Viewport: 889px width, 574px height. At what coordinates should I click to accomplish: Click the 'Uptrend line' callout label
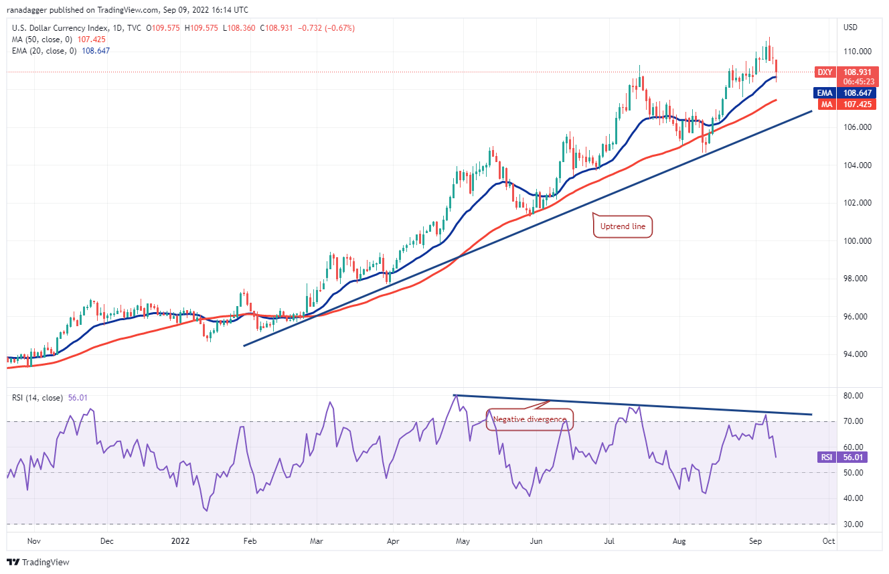(623, 226)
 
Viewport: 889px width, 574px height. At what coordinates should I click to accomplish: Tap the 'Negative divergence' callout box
(530, 419)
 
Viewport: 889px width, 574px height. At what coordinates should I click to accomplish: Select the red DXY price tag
(825, 71)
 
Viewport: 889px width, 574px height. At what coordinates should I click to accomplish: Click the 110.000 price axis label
(856, 52)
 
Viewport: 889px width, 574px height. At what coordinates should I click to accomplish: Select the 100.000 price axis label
(856, 241)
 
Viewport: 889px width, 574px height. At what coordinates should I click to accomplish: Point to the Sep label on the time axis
(755, 540)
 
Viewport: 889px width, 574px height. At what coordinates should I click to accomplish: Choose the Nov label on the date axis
(34, 540)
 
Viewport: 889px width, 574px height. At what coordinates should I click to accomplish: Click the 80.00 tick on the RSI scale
(852, 396)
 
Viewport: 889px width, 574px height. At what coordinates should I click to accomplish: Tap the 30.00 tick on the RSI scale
(852, 524)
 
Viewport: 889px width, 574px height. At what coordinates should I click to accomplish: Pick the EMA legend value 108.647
(96, 50)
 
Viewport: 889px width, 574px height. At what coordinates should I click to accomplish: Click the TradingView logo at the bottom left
(38, 562)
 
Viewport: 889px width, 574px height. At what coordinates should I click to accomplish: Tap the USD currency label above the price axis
(851, 27)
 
